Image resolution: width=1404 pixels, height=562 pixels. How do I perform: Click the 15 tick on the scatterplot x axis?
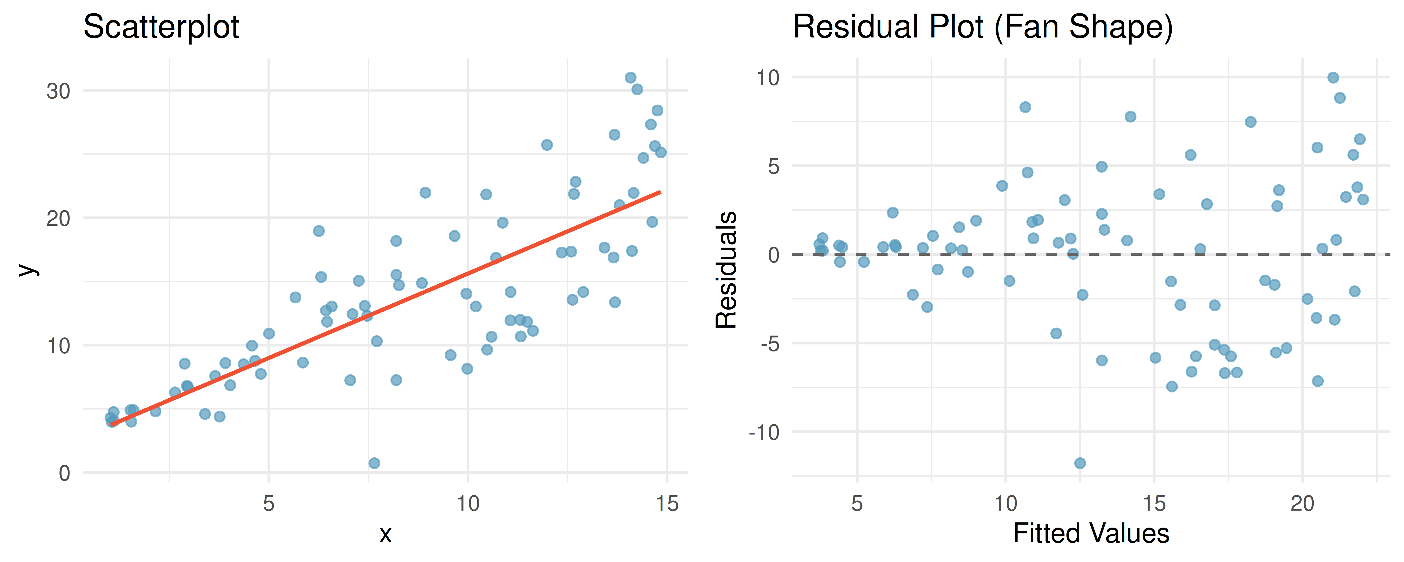coord(667,503)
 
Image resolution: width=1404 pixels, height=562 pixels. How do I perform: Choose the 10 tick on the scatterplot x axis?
coord(468,503)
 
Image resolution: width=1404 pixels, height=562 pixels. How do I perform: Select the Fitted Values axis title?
coord(1091,533)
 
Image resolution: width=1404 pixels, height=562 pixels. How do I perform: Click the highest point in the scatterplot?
coord(631,78)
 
